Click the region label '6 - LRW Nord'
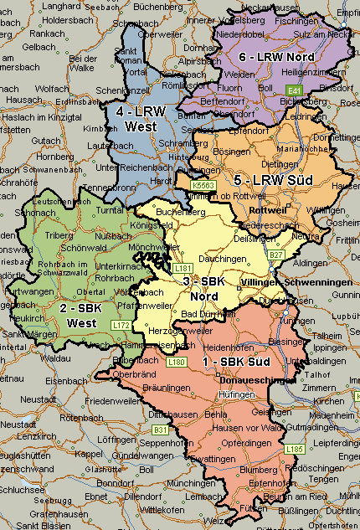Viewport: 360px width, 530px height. (x=275, y=56)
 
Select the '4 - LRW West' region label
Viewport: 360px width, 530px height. (x=141, y=119)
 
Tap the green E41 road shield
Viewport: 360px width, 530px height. (x=293, y=90)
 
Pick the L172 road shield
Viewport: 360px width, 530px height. (x=121, y=325)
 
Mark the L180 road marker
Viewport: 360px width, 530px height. (x=176, y=362)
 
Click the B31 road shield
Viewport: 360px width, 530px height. (x=160, y=430)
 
